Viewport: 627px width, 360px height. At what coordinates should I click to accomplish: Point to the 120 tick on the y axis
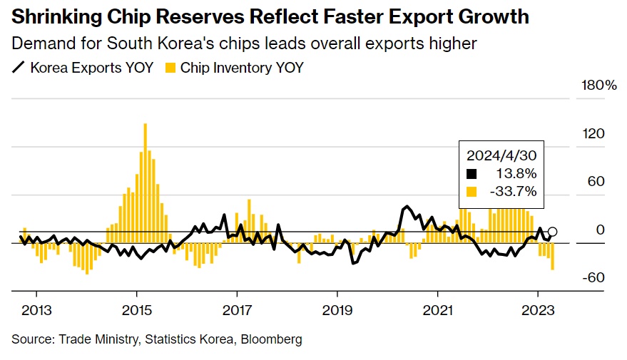click(594, 134)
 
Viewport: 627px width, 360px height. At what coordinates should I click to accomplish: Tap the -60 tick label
click(594, 278)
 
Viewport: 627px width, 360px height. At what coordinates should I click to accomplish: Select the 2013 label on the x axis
click(36, 310)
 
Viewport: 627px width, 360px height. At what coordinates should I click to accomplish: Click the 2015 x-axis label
click(136, 310)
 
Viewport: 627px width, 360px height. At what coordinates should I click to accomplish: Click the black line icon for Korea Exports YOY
click(19, 68)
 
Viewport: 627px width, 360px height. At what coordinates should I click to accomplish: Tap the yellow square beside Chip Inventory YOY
click(170, 68)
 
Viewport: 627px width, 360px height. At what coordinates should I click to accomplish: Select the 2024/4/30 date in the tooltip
click(501, 155)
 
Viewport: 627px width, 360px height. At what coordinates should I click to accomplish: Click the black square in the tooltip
click(470, 173)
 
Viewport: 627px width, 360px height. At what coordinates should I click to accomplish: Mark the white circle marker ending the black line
click(552, 232)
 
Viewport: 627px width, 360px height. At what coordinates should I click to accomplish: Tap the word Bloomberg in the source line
click(275, 339)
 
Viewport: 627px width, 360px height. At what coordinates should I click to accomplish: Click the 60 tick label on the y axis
click(596, 182)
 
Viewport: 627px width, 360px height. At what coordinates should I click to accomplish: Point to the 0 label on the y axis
click(601, 230)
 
